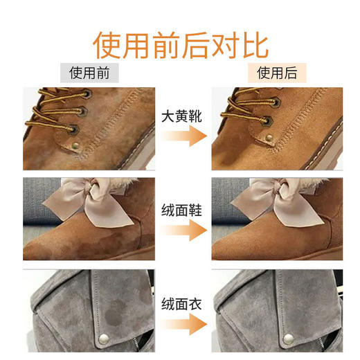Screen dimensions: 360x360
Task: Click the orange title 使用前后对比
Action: click(179, 44)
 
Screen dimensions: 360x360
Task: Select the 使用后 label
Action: click(273, 72)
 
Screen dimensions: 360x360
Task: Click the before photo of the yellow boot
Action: click(89, 127)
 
